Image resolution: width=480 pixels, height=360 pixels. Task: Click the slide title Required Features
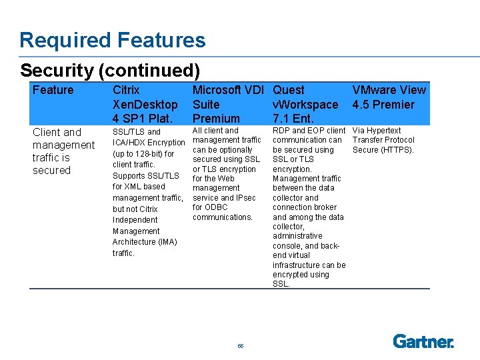pos(112,41)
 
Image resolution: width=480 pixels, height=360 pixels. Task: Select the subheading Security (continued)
pos(110,70)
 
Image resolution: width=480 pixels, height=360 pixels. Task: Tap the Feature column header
pos(53,90)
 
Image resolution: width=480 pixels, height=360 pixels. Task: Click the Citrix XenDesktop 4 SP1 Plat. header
pos(145,104)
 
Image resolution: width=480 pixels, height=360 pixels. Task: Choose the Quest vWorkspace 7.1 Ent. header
pos(305,104)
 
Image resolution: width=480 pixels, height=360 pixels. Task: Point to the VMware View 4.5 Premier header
pos(389,97)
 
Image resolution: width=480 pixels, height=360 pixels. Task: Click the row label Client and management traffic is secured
pos(63,151)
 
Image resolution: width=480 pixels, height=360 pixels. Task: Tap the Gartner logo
pos(423,341)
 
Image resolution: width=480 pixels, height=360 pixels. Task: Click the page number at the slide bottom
pos(240,346)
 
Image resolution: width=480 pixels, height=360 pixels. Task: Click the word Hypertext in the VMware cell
pos(386,131)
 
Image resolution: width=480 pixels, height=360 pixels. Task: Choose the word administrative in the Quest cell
pos(297,236)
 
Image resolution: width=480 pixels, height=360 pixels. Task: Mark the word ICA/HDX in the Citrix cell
pos(128,143)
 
